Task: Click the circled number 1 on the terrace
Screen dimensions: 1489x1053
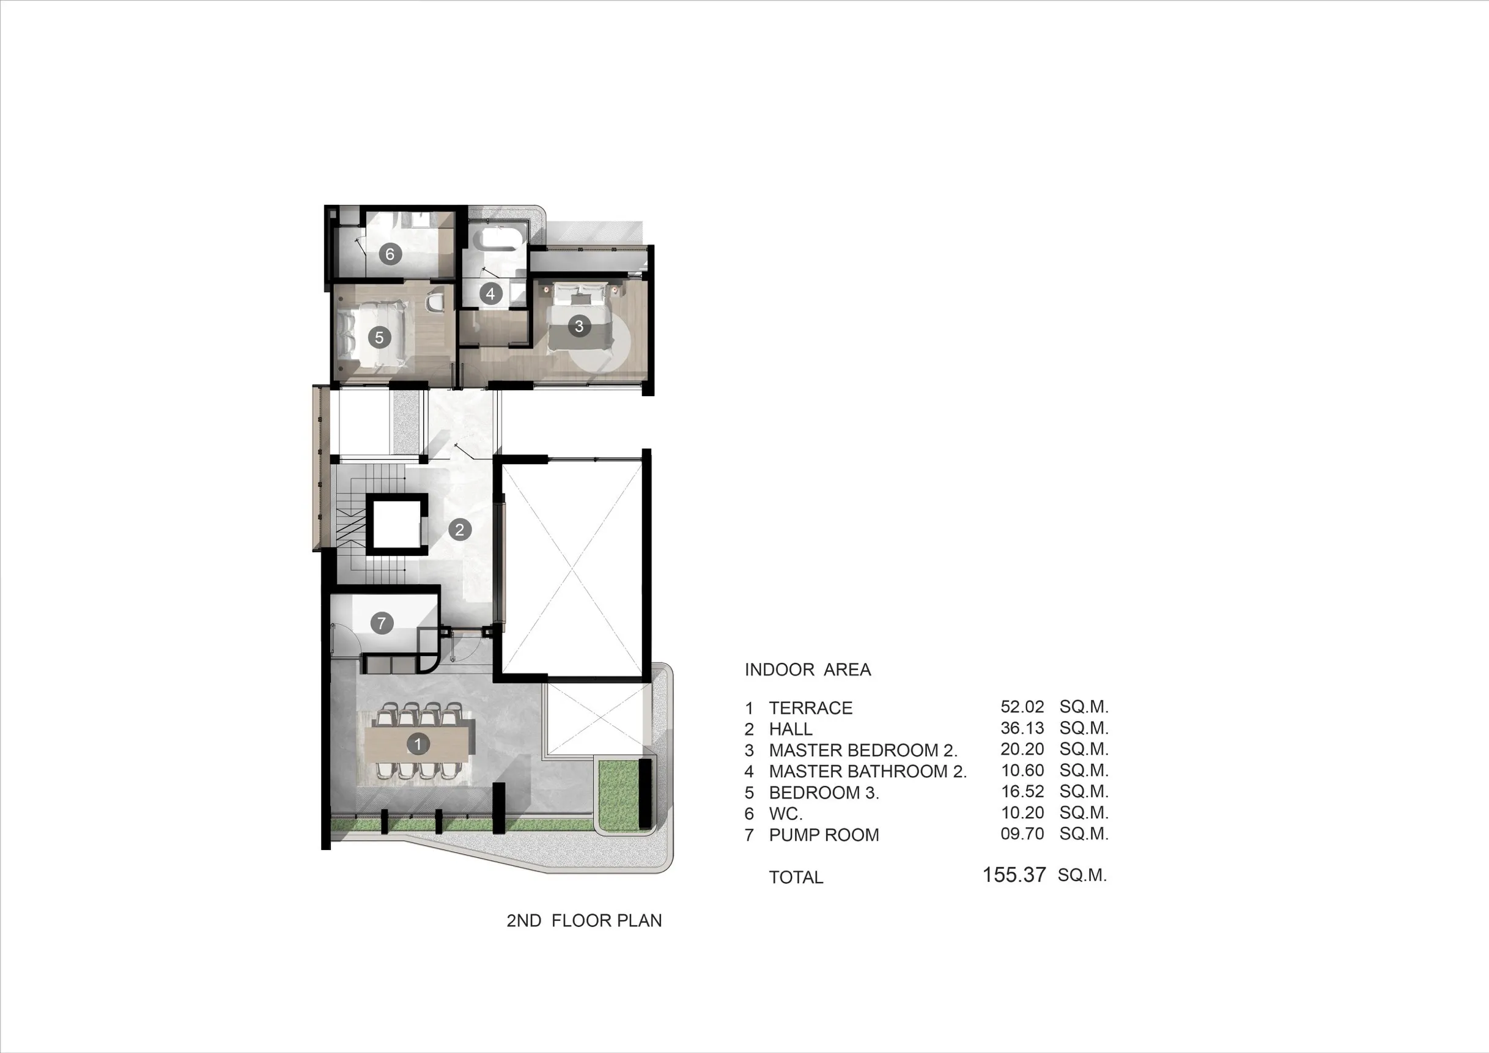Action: (x=418, y=744)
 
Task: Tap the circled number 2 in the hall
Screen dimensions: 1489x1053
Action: (x=460, y=530)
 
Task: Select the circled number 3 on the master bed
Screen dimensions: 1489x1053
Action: (x=579, y=325)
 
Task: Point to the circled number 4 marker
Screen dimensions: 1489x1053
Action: (x=490, y=294)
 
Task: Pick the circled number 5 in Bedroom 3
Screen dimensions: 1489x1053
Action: (x=379, y=336)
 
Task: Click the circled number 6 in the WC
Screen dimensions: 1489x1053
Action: (x=390, y=254)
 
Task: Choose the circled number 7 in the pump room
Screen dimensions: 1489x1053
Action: (x=382, y=623)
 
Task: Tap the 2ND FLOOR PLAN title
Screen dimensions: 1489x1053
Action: (x=585, y=921)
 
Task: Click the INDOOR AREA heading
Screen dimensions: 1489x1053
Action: (x=807, y=670)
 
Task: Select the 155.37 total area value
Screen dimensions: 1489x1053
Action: (x=1014, y=874)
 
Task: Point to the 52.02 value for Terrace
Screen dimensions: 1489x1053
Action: (x=1022, y=707)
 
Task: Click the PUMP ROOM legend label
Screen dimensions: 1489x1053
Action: (x=824, y=835)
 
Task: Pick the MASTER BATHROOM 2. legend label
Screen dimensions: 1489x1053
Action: (x=868, y=772)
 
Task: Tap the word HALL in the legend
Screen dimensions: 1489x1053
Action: (x=791, y=730)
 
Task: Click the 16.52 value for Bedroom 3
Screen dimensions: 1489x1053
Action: (x=1022, y=792)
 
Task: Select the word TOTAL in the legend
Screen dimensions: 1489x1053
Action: (x=796, y=877)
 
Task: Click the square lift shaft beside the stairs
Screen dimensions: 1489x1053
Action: (x=397, y=524)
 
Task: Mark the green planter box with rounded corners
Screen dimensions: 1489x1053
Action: (x=624, y=796)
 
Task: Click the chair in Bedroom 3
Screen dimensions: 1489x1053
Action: (x=435, y=301)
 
